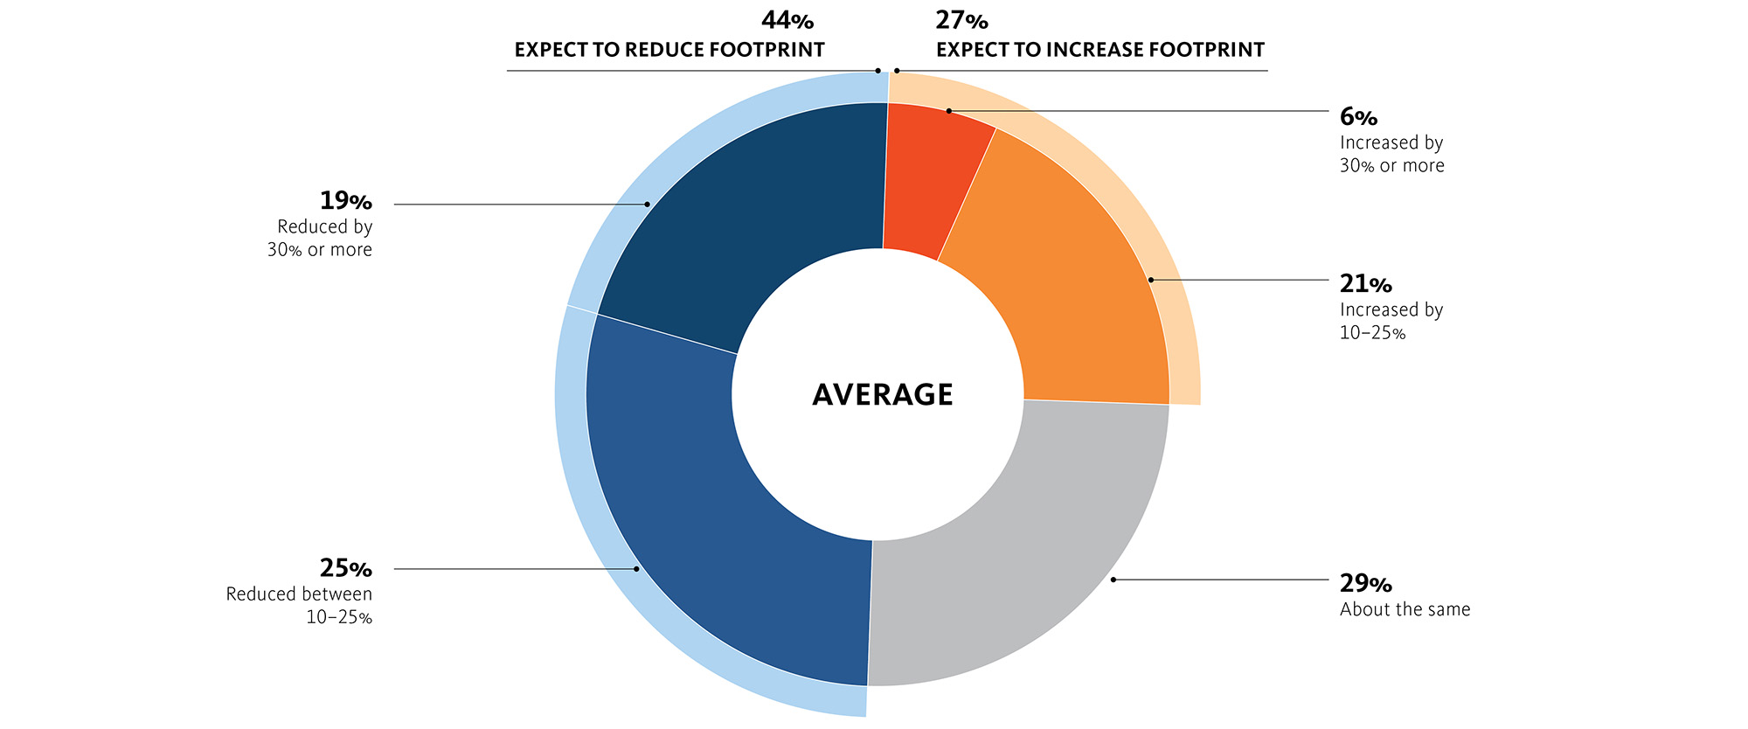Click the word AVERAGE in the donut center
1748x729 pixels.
click(883, 394)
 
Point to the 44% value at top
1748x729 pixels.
click(787, 20)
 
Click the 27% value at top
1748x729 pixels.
click(962, 20)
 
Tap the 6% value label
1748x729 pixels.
click(1358, 117)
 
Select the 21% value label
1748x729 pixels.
click(1366, 284)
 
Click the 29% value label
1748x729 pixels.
click(1366, 584)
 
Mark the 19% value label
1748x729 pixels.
click(346, 201)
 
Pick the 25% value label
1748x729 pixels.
click(346, 569)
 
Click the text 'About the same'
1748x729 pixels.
click(1405, 609)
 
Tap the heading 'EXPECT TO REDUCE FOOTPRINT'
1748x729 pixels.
click(669, 50)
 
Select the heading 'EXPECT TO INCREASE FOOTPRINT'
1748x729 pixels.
click(1100, 50)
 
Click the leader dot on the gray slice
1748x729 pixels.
click(1113, 580)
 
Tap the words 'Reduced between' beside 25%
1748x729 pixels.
click(299, 594)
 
